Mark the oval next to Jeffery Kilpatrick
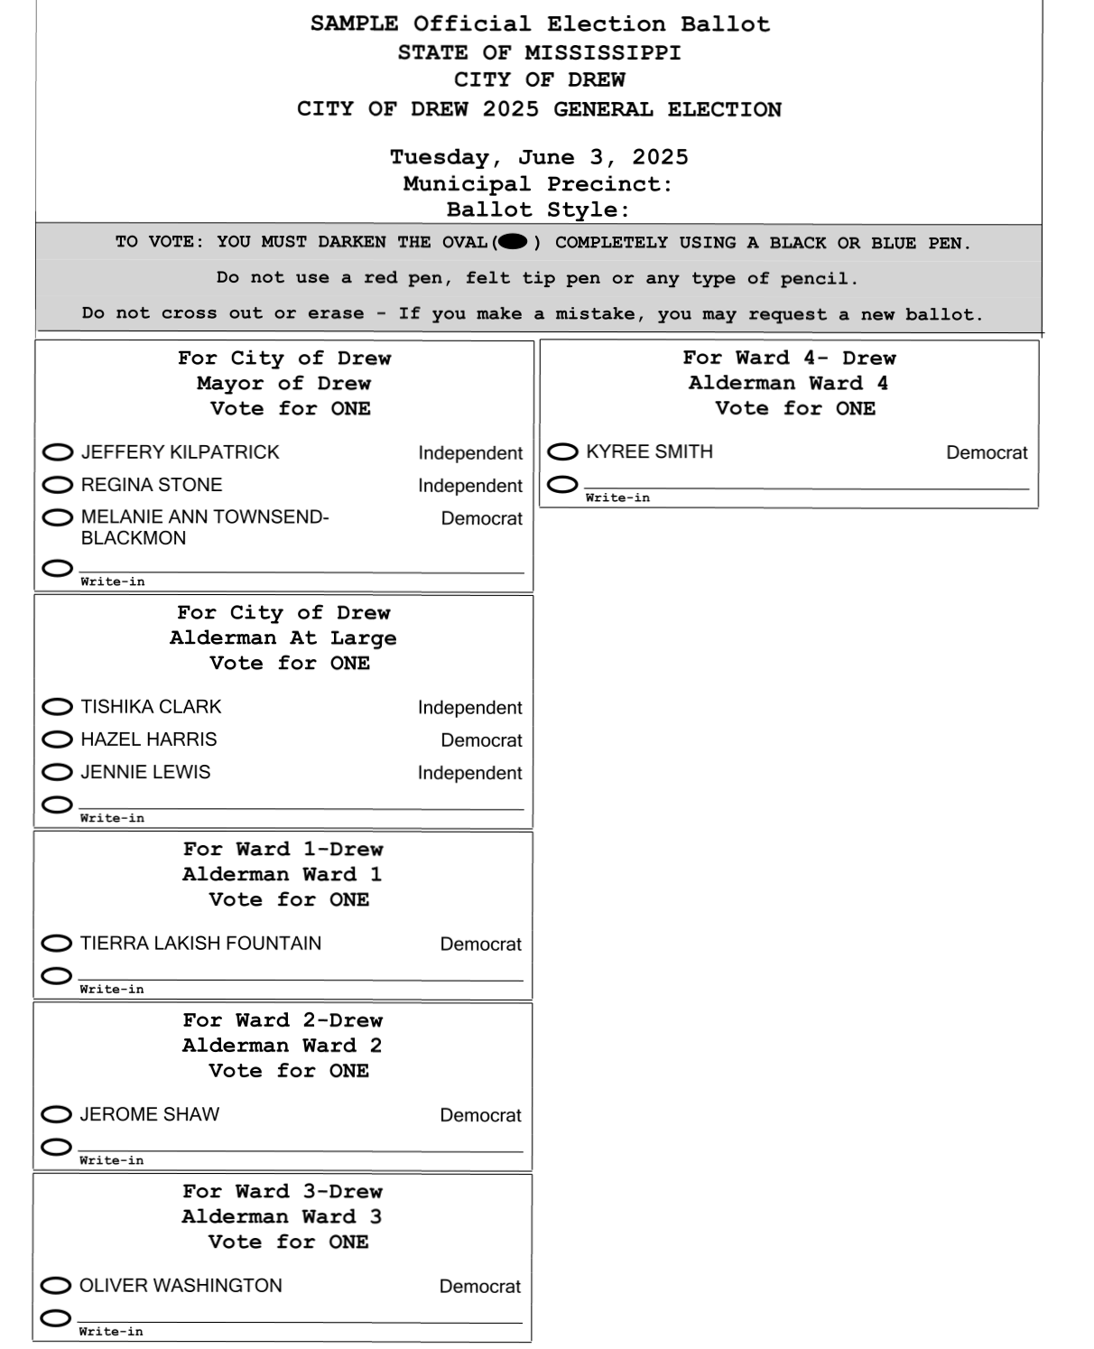(x=58, y=451)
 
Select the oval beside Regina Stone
(x=58, y=485)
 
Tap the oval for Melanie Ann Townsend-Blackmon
(x=58, y=517)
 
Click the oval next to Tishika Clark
(x=58, y=706)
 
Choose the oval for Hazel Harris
(x=58, y=740)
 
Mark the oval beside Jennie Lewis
(x=58, y=772)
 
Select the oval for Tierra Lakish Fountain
(x=57, y=944)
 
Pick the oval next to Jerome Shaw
(x=57, y=1114)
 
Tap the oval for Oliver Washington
(x=56, y=1286)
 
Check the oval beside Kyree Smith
(x=562, y=451)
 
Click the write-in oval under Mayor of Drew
(x=57, y=568)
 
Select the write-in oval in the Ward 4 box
(x=562, y=485)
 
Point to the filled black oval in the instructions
(x=513, y=242)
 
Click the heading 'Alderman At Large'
(x=283, y=638)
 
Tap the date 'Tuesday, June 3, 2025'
(x=539, y=157)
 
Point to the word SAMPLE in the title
(x=354, y=24)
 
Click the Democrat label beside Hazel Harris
(x=481, y=740)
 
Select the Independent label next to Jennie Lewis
(x=469, y=773)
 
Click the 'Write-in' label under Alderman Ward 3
(x=111, y=1332)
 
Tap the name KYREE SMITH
(x=649, y=451)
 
